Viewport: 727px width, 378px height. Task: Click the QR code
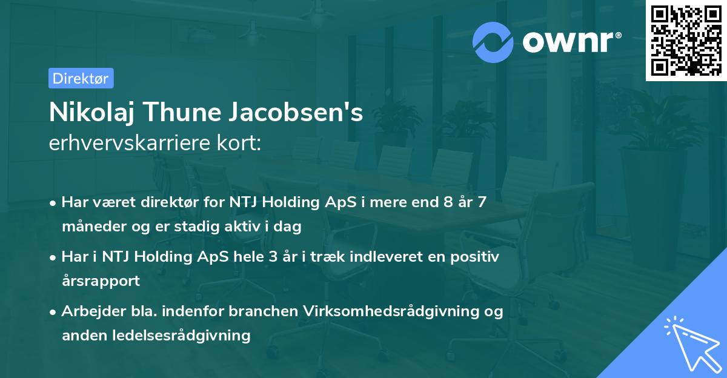click(686, 41)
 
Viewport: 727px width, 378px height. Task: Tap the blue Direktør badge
click(81, 78)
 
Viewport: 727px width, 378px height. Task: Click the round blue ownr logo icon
click(493, 42)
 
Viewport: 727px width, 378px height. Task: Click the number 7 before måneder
click(482, 202)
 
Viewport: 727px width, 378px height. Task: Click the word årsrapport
click(101, 281)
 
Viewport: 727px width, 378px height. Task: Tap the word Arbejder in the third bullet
click(90, 311)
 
